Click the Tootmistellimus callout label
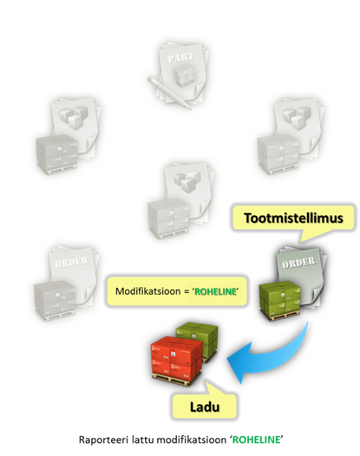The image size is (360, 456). point(293,218)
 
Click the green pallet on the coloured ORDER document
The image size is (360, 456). point(280,302)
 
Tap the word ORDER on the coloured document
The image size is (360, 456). point(298,263)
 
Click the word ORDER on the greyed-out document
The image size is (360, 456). point(71,262)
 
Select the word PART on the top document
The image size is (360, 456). point(180,57)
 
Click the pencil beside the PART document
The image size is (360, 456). point(169,93)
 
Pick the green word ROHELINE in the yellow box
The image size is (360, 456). point(215,291)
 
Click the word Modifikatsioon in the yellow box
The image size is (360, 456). point(147,291)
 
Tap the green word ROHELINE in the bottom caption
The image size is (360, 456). point(257,440)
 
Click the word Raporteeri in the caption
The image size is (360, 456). point(103,440)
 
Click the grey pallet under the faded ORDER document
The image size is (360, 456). point(56,301)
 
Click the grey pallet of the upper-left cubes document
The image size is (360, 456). point(57,154)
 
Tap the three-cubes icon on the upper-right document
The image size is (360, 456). point(297,118)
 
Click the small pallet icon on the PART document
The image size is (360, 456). point(184,75)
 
